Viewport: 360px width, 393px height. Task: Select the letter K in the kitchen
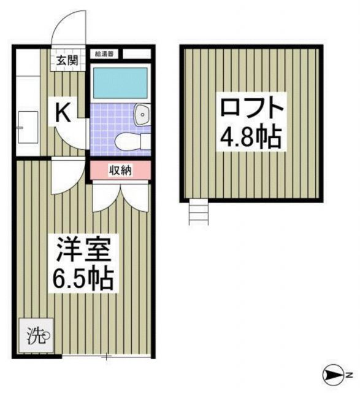click(64, 112)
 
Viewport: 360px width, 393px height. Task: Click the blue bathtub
click(120, 83)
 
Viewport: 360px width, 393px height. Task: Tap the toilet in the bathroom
click(131, 141)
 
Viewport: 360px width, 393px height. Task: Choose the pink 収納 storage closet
click(120, 170)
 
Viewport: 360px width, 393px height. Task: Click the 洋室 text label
click(83, 251)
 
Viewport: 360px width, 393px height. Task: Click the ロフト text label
click(251, 110)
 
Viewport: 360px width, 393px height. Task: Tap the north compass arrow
click(332, 374)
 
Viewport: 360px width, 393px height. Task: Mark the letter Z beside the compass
click(348, 375)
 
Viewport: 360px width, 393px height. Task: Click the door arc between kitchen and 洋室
click(64, 176)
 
